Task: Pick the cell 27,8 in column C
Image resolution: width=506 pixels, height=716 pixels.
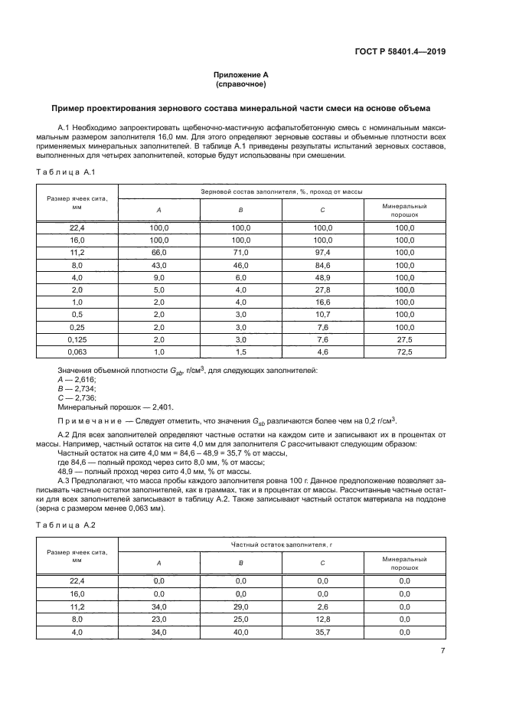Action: [322, 290]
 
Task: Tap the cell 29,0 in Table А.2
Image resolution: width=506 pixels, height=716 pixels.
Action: [240, 606]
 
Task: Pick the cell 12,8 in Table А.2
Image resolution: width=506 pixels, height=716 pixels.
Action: [322, 619]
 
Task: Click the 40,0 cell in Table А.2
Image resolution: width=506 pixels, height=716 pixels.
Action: [240, 632]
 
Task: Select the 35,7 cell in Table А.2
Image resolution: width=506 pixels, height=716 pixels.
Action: [322, 632]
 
